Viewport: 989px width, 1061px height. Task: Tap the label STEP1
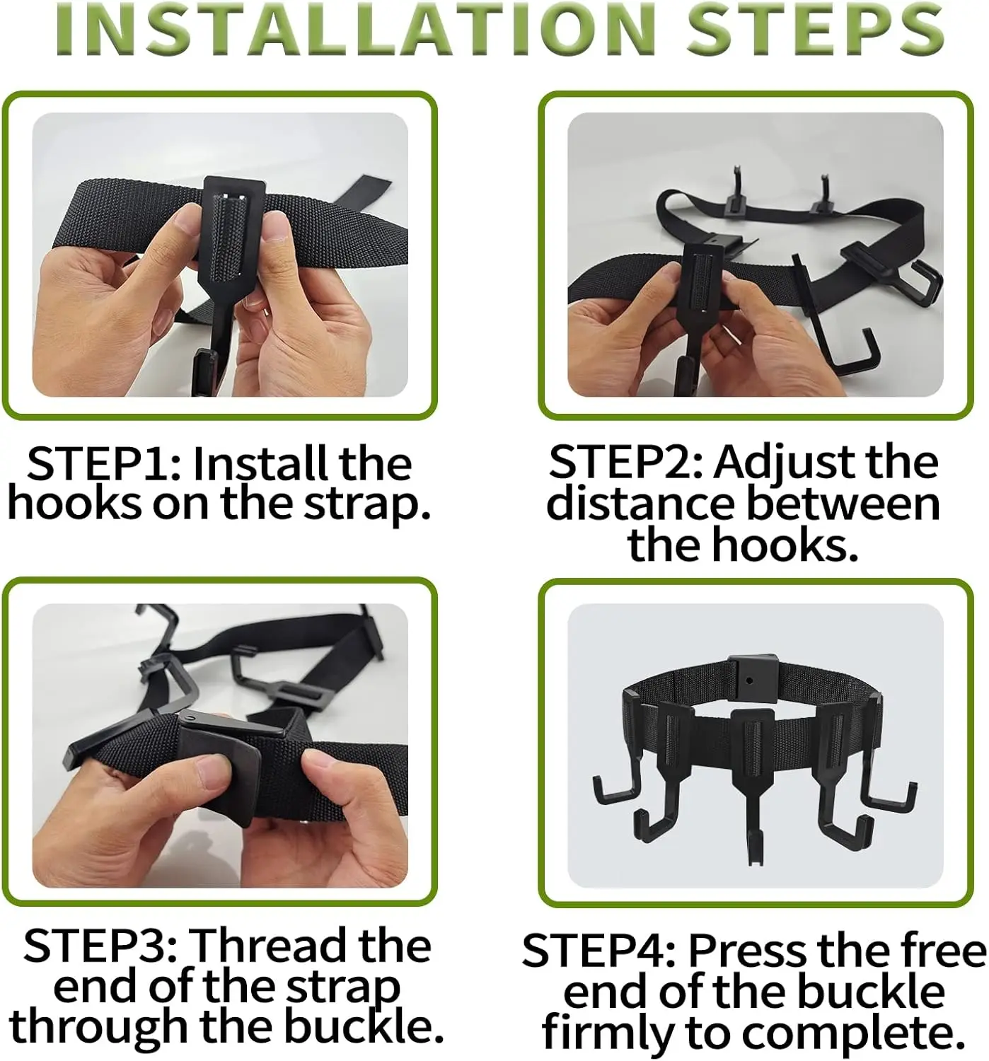click(x=104, y=464)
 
